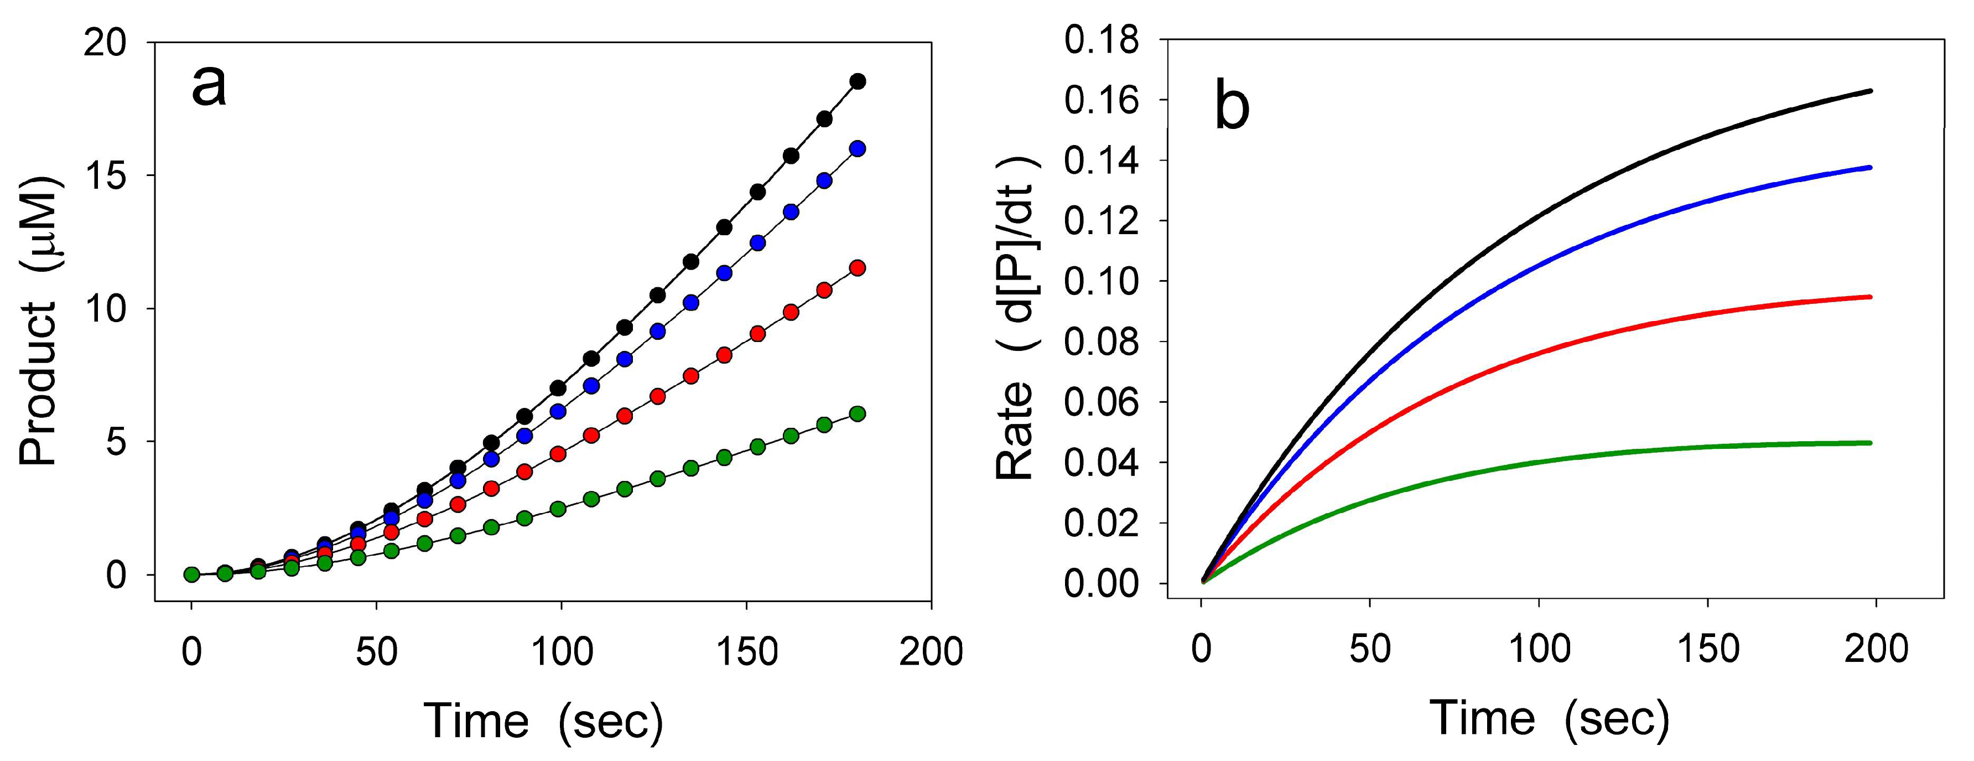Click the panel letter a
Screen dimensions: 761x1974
click(x=209, y=86)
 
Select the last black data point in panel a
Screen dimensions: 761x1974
click(x=858, y=81)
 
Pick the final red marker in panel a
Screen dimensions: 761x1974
click(x=858, y=267)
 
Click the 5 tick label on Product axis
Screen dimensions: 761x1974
click(x=116, y=442)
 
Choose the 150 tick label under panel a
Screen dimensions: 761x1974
click(x=746, y=652)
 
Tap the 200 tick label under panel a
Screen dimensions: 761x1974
click(x=931, y=652)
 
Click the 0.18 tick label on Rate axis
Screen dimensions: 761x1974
click(x=1101, y=40)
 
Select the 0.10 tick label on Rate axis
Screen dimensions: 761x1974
click(x=1101, y=281)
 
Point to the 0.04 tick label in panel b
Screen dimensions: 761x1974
click(x=1101, y=463)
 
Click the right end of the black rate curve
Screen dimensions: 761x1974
click(x=1871, y=113)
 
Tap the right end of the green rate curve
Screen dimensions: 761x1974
click(x=1871, y=443)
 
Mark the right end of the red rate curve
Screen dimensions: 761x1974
click(x=1871, y=297)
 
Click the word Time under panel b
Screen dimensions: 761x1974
click(x=1481, y=719)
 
